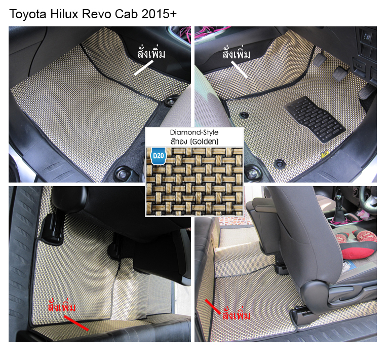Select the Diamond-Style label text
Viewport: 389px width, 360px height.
pyautogui.click(x=194, y=132)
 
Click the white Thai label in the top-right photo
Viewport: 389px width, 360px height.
pyautogui.click(x=237, y=53)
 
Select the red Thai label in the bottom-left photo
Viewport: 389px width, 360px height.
pyautogui.click(x=62, y=308)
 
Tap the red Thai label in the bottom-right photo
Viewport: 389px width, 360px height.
pyautogui.click(x=237, y=315)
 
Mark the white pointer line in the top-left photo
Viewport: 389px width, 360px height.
pyautogui.click(x=144, y=68)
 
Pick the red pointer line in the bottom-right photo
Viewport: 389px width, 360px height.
pyautogui.click(x=213, y=306)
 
